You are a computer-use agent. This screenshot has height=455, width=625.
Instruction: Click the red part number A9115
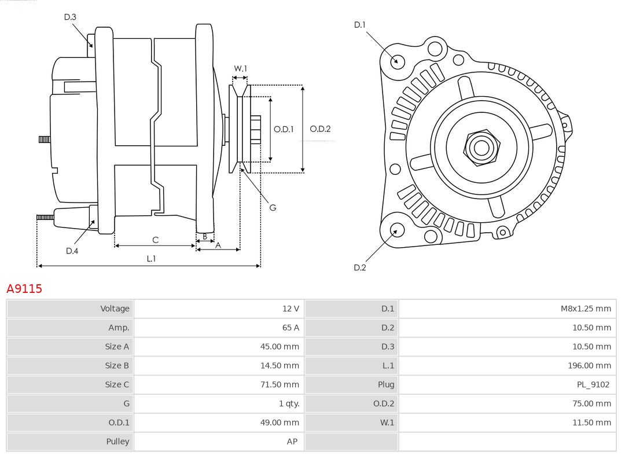(24, 288)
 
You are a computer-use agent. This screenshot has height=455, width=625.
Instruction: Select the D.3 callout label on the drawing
(70, 17)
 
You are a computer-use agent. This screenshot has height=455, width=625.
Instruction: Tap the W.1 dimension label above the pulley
(240, 68)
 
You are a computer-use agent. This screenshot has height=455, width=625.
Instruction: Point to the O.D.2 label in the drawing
(320, 129)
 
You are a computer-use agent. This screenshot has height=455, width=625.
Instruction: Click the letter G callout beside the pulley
(273, 207)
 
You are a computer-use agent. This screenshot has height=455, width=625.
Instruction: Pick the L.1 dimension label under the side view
(151, 259)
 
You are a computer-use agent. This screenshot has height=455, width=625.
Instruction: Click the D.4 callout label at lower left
(72, 251)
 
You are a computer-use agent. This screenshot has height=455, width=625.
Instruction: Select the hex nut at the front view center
(481, 148)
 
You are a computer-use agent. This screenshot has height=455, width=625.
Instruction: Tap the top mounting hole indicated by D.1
(398, 61)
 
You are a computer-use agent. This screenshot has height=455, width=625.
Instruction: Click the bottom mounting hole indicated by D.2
(396, 230)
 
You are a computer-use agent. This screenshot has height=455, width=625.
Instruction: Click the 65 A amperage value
(291, 328)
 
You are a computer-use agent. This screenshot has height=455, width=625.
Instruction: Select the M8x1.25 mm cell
(585, 309)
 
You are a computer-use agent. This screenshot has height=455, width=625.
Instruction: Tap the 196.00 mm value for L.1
(589, 365)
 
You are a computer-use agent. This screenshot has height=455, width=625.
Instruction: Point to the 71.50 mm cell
(280, 384)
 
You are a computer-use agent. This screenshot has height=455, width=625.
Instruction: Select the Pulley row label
(118, 441)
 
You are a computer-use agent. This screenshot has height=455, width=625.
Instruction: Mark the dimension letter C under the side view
(155, 240)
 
